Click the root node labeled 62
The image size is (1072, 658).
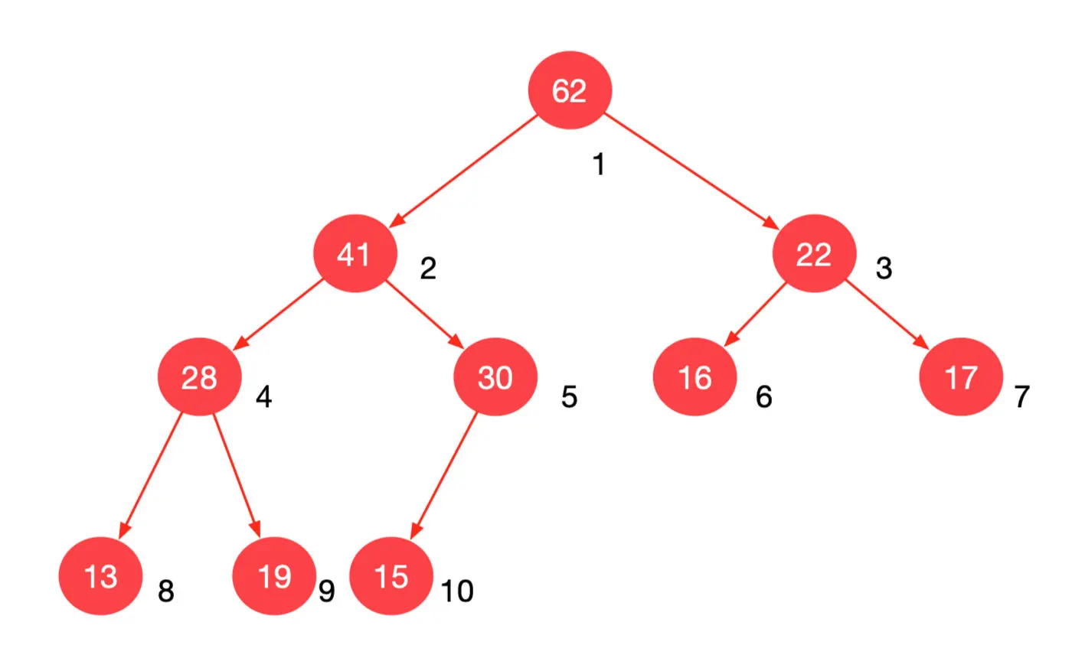pyautogui.click(x=570, y=92)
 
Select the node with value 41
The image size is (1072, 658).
pyautogui.click(x=355, y=255)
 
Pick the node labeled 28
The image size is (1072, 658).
pyautogui.click(x=199, y=378)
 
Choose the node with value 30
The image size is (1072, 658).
pyautogui.click(x=495, y=378)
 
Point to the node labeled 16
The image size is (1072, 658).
pyautogui.click(x=695, y=378)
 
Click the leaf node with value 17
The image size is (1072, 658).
pyautogui.click(x=961, y=378)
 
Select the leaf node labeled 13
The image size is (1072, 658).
pyautogui.click(x=100, y=577)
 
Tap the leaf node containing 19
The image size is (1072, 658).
pyautogui.click(x=273, y=577)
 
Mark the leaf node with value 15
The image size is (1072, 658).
pyautogui.click(x=391, y=577)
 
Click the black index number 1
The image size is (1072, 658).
pyautogui.click(x=599, y=164)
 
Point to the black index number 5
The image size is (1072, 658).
pyautogui.click(x=568, y=397)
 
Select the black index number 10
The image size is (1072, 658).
pyautogui.click(x=457, y=591)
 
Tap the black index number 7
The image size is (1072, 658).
pyautogui.click(x=1021, y=397)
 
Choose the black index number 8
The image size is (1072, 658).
pyautogui.click(x=166, y=591)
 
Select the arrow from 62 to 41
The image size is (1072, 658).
pyautogui.click(x=463, y=172)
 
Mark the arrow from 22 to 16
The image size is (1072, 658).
pyautogui.click(x=757, y=314)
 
